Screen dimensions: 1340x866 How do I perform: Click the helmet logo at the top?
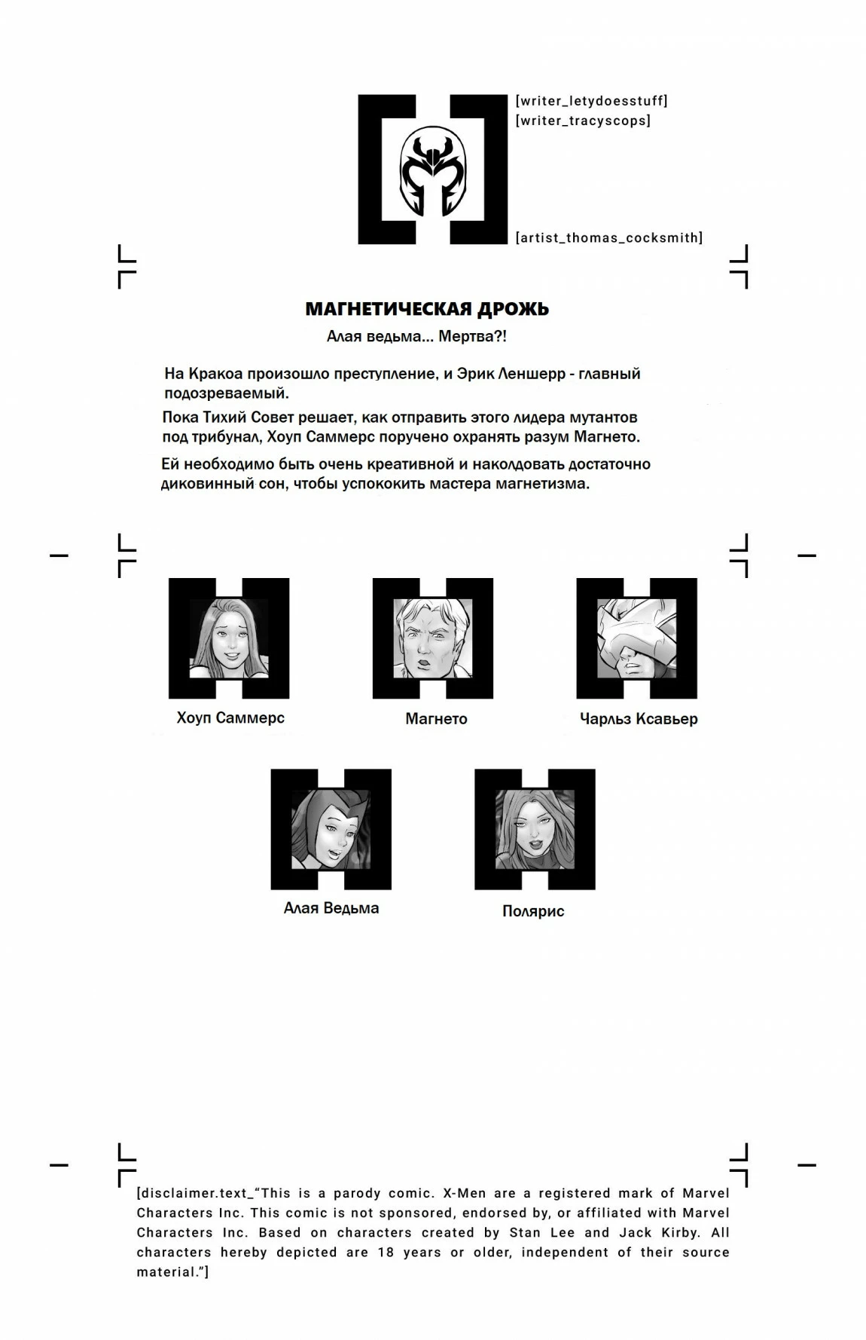(432, 170)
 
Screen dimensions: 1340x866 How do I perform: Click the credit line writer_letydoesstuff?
(591, 101)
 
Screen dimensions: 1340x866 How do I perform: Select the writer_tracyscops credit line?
(583, 121)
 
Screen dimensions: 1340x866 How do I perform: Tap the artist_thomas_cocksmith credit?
(608, 238)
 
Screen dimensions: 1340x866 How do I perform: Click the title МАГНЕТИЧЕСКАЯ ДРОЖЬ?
(427, 309)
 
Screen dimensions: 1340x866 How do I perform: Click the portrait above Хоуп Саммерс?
(228, 638)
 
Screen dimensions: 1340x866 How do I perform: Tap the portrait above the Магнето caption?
(432, 638)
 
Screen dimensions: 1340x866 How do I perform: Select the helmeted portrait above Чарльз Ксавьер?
(636, 638)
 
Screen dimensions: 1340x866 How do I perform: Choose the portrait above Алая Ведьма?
(331, 829)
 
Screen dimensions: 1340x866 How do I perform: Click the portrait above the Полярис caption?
(535, 829)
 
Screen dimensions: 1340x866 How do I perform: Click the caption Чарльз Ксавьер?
(639, 719)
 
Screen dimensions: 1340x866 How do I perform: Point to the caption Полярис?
(533, 911)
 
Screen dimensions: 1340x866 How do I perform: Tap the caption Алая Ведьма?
(331, 908)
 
